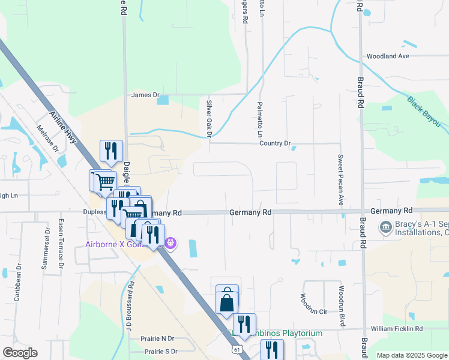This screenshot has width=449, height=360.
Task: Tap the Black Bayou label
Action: coord(424,112)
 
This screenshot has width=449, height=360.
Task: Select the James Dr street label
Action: coord(145,95)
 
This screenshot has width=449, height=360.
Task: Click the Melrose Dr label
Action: coord(47,139)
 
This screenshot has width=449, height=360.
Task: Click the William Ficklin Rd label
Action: coord(396,329)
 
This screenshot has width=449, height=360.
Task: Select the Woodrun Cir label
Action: coord(314,311)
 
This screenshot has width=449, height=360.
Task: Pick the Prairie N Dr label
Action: coord(157,339)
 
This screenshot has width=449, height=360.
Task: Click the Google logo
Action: coord(20,353)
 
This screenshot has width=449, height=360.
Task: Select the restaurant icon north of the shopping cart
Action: coord(111,151)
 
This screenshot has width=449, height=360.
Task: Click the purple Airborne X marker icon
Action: coord(170,242)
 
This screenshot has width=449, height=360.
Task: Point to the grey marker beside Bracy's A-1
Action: coord(385,227)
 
